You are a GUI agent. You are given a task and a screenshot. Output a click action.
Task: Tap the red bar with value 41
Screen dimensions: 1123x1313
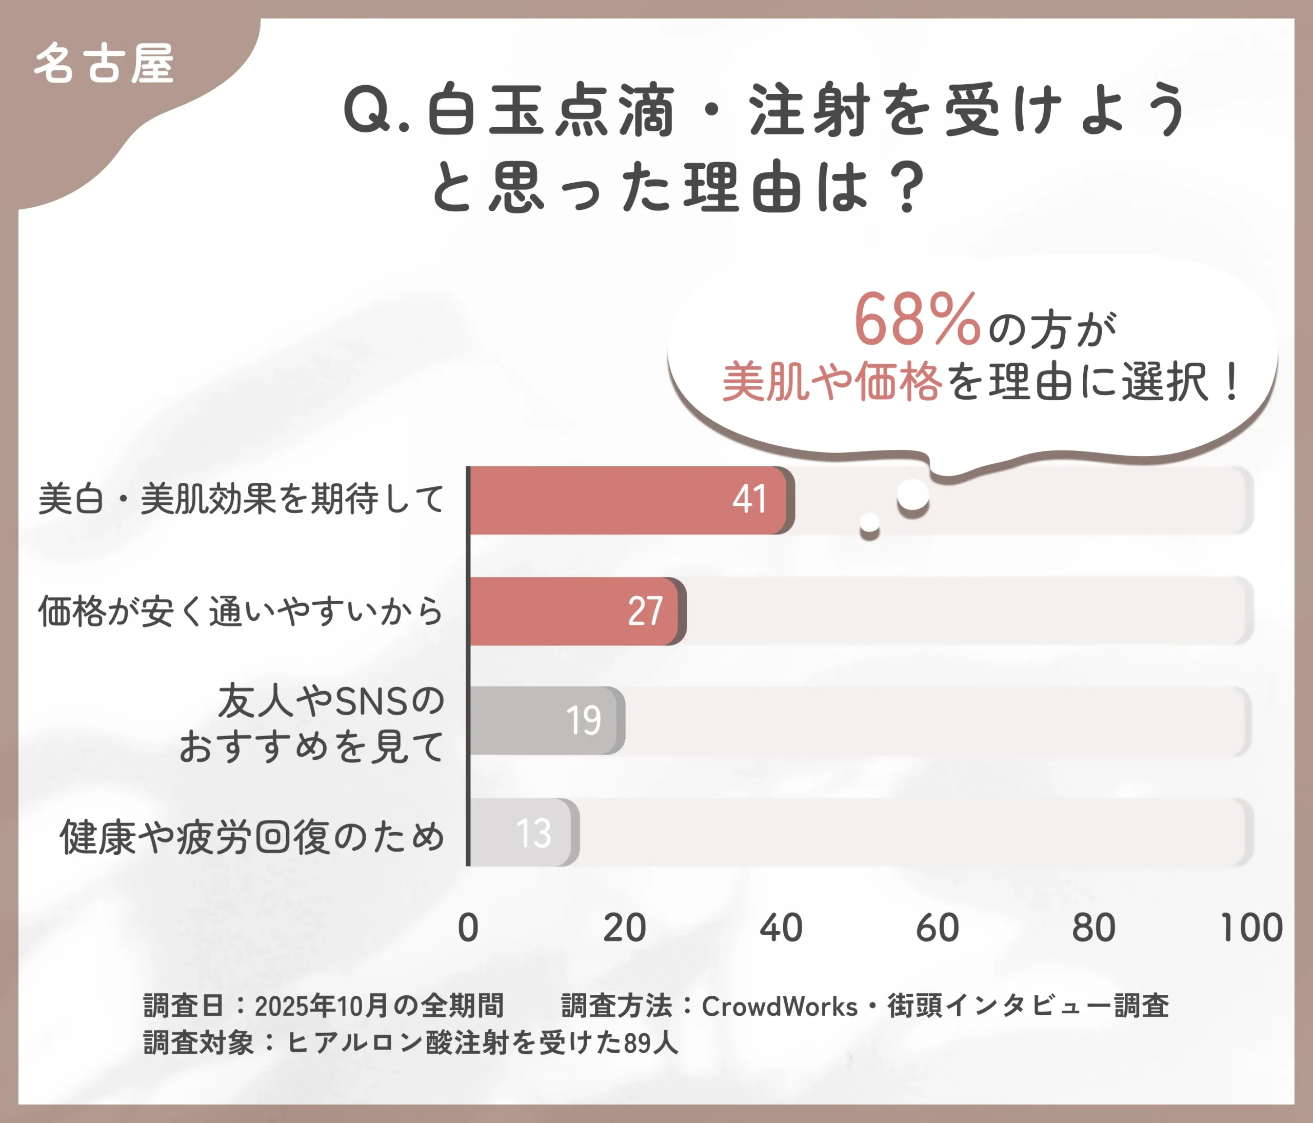pos(630,500)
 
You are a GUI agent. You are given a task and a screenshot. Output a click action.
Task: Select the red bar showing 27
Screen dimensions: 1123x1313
pos(576,611)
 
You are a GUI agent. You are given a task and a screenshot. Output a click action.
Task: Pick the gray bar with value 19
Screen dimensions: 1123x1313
pos(546,721)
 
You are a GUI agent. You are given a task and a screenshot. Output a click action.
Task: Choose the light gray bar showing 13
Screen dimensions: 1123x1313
pos(523,832)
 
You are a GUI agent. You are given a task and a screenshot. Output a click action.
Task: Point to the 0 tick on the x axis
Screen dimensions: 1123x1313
pos(468,928)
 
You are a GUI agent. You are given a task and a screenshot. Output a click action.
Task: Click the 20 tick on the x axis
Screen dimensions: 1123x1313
pos(624,928)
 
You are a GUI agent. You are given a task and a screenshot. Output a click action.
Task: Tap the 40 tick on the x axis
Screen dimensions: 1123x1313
pos(781,928)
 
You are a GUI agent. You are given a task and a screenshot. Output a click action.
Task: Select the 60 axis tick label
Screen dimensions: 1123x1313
pos(937,928)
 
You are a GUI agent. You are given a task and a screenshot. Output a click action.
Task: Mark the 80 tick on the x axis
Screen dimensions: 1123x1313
pos(1094,928)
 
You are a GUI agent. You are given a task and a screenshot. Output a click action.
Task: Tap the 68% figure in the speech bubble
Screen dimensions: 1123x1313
pos(917,321)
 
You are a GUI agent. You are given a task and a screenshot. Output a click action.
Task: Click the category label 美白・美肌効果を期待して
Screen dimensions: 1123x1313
pos(241,499)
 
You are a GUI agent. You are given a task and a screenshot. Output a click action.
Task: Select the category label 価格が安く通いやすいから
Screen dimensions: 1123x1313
pos(241,612)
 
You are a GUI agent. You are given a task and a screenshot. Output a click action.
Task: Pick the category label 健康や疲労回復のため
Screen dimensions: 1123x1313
pos(252,837)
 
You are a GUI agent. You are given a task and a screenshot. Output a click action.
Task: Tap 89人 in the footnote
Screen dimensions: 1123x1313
pos(651,1042)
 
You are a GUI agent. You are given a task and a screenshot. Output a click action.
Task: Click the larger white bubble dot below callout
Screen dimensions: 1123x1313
pos(913,495)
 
